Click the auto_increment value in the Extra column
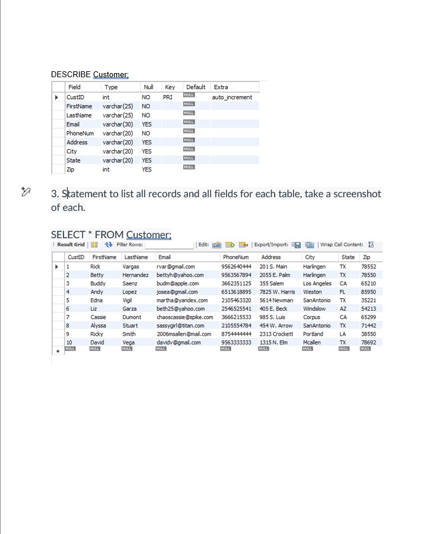pos(232,97)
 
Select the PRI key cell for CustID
pos(168,97)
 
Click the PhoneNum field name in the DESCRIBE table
pos(80,133)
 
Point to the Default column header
pos(196,87)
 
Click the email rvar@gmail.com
pos(175,267)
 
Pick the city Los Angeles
pos(317,284)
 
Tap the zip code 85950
pos(368,292)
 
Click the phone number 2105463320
pos(236,301)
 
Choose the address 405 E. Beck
pos(273,309)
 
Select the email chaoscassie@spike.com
pos(184,317)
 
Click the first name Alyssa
pos(98,326)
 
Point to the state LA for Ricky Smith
pos(342,334)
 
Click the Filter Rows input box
pos(169,245)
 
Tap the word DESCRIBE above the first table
pos(71,75)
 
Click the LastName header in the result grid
pos(136,257)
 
